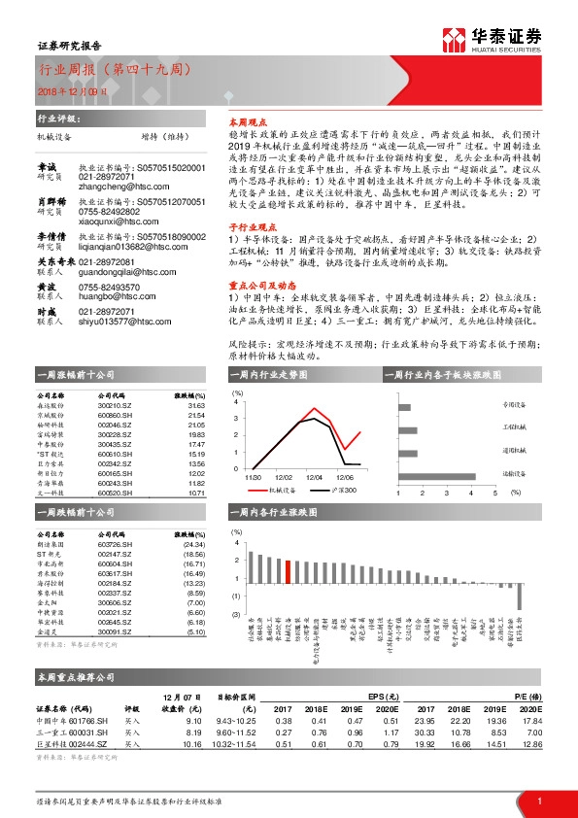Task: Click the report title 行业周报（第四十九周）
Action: pyautogui.click(x=115, y=70)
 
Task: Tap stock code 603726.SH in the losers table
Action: pyautogui.click(x=116, y=545)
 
